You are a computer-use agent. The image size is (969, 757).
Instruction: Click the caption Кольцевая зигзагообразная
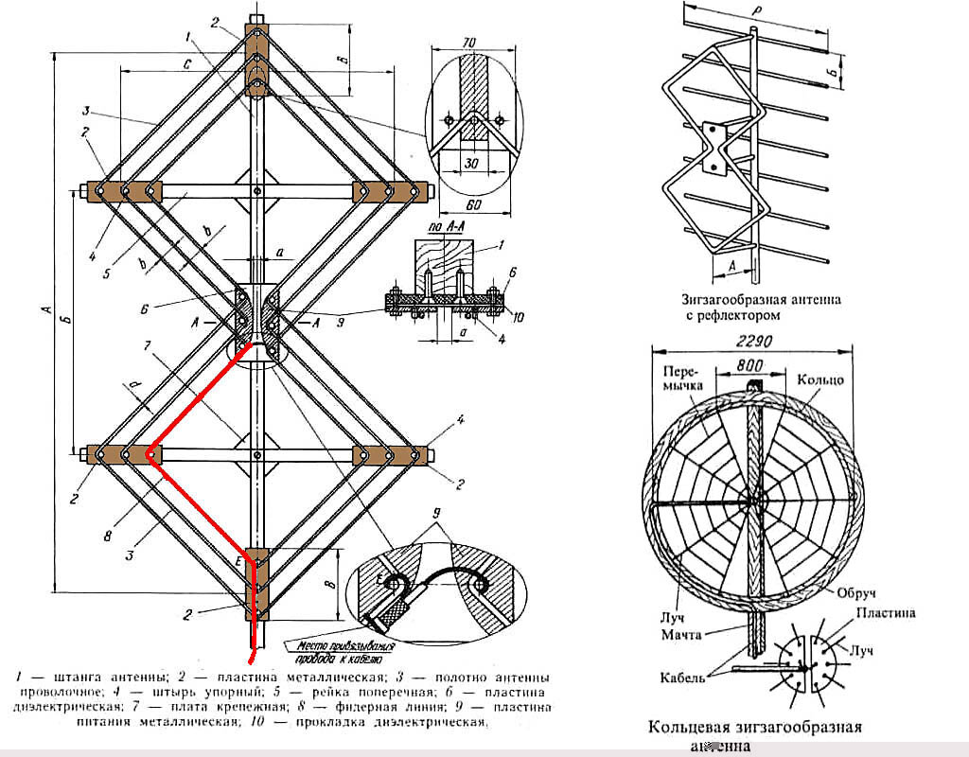point(754,728)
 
